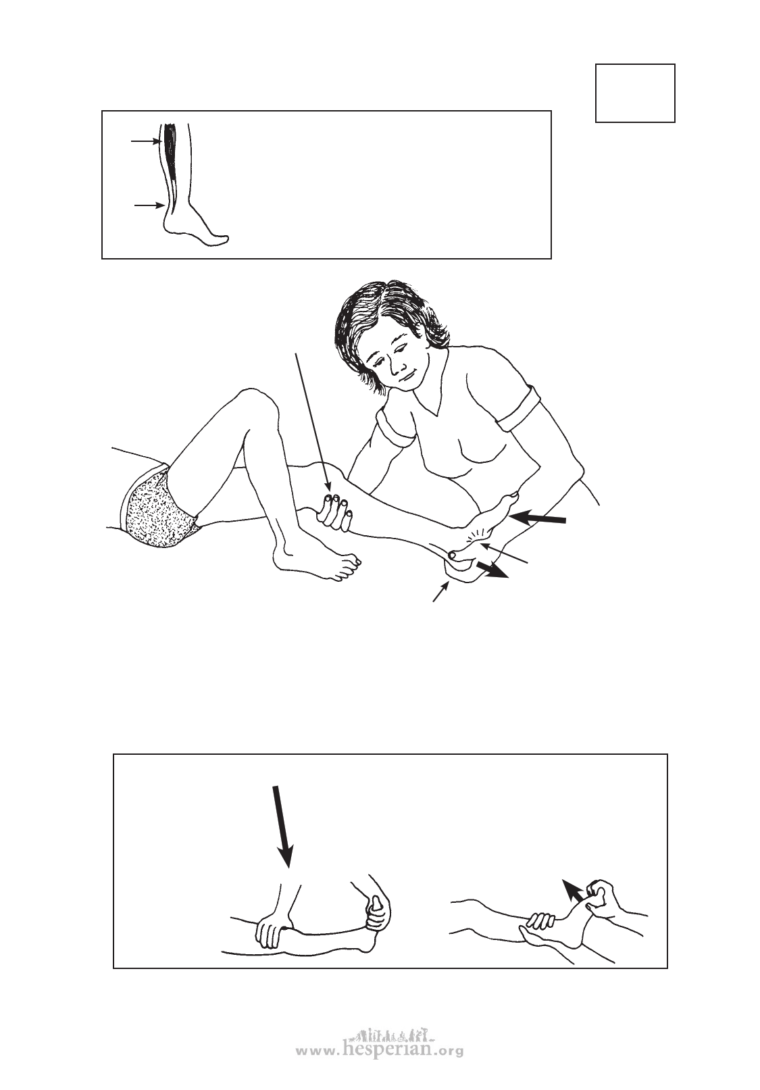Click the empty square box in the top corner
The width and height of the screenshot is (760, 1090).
pyautogui.click(x=635, y=93)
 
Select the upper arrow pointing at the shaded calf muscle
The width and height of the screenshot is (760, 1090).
pyautogui.click(x=146, y=142)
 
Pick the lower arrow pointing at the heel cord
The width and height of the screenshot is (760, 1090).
pyautogui.click(x=149, y=205)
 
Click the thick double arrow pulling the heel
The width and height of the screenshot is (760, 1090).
pyautogui.click(x=492, y=570)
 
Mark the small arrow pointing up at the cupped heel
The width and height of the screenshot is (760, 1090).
pyautogui.click(x=441, y=591)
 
